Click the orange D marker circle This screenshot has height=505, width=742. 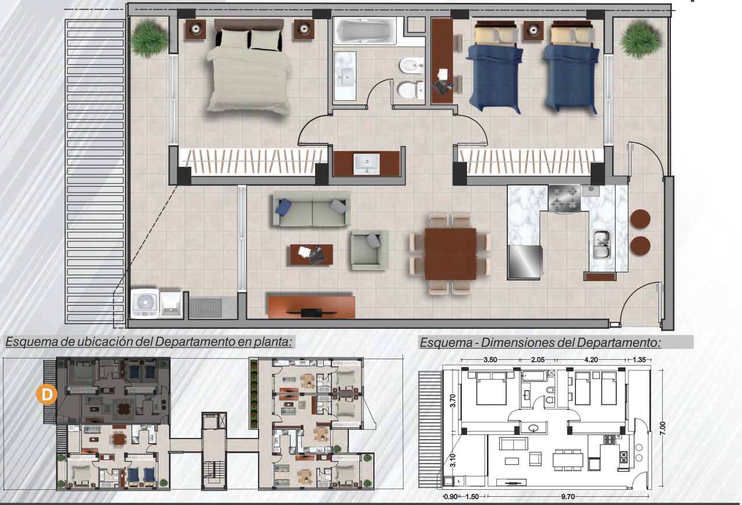pyautogui.click(x=47, y=394)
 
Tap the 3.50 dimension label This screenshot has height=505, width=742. pyautogui.click(x=490, y=360)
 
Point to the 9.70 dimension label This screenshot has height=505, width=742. pyautogui.click(x=568, y=496)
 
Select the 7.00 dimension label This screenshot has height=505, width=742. pyautogui.click(x=662, y=428)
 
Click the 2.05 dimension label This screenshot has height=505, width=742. pyautogui.click(x=538, y=360)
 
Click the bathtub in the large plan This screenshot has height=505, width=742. pyautogui.click(x=365, y=31)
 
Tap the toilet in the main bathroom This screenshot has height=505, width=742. pyautogui.click(x=411, y=90)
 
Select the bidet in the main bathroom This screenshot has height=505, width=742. pyautogui.click(x=412, y=65)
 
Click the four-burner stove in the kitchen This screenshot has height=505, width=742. pyautogui.click(x=564, y=199)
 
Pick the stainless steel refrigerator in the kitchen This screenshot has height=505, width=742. pyautogui.click(x=525, y=262)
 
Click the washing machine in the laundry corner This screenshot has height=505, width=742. pyautogui.click(x=144, y=303)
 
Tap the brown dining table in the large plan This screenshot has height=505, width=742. pyautogui.click(x=450, y=254)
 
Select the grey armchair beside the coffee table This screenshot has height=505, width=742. pyautogui.click(x=370, y=250)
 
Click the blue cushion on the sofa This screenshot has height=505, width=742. pyautogui.click(x=284, y=207)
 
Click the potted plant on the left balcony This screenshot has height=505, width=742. pyautogui.click(x=149, y=38)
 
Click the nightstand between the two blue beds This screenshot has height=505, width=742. pyautogui.click(x=533, y=31)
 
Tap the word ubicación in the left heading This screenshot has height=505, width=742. pyautogui.click(x=105, y=342)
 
